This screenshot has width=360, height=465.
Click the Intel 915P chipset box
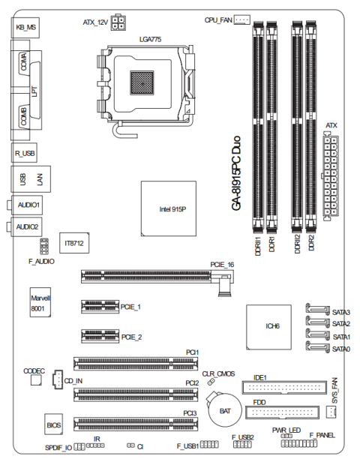click(x=169, y=208)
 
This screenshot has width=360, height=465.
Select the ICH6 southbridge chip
click(x=268, y=327)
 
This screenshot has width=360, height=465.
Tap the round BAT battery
click(x=225, y=410)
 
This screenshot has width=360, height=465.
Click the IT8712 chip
click(x=74, y=243)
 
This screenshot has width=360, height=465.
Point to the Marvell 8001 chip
click(x=40, y=302)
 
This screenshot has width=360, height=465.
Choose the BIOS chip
click(x=54, y=424)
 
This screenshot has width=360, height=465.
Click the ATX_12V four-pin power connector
click(x=118, y=22)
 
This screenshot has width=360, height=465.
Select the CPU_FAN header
click(x=242, y=19)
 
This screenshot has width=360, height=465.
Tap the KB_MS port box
click(x=25, y=27)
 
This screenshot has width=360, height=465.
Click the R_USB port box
click(x=24, y=153)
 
